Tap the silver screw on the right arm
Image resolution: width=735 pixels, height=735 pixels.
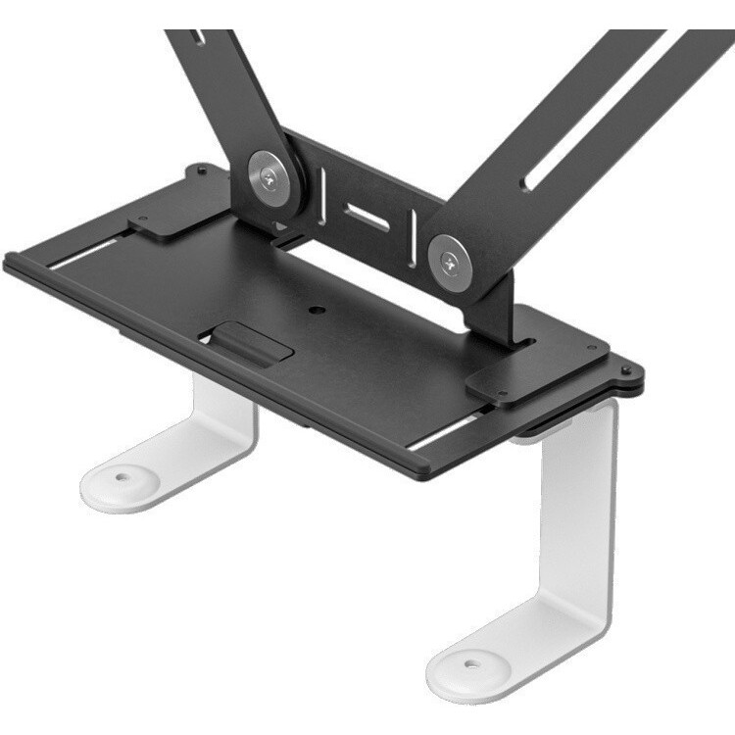pyautogui.click(x=449, y=260)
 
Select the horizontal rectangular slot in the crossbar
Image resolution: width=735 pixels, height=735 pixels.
pyautogui.click(x=367, y=218)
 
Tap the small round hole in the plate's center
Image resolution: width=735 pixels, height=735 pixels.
pyautogui.click(x=316, y=310)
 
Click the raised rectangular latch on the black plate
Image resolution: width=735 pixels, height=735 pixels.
pyautogui.click(x=252, y=342)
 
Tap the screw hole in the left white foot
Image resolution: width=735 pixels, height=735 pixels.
pyautogui.click(x=122, y=479)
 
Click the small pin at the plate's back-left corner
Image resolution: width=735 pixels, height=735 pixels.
pyautogui.click(x=200, y=169)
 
